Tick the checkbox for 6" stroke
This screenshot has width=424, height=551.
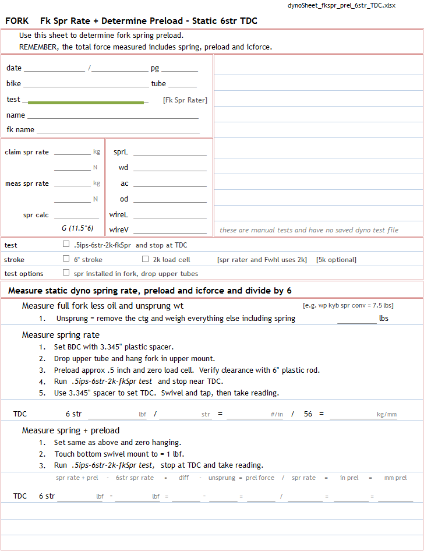[x=66, y=259]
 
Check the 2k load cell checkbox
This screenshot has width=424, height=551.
[x=146, y=259]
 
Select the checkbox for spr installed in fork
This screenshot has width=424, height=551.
[x=66, y=273]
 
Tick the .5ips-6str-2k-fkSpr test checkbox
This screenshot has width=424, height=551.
[x=66, y=245]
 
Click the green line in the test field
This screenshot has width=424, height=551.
[x=86, y=103]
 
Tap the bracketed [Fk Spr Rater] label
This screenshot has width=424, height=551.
[x=185, y=100]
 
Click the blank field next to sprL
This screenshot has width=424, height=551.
[x=169, y=153]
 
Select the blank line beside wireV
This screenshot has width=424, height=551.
[x=169, y=230]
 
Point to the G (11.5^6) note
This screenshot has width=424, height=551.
[x=77, y=228]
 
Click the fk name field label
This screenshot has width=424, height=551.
[x=20, y=129]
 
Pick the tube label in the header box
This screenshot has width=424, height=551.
[x=158, y=84]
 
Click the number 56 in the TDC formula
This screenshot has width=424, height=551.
[x=308, y=414]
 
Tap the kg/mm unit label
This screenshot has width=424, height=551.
[x=387, y=415]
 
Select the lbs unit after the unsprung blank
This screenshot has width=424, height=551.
[x=384, y=319]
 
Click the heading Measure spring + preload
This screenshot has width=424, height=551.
[x=70, y=430]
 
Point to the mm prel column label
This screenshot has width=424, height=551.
[x=395, y=478]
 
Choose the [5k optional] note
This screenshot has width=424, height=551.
[x=336, y=260]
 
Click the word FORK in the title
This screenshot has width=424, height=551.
[x=17, y=21]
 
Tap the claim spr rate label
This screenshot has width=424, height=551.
[x=27, y=153]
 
